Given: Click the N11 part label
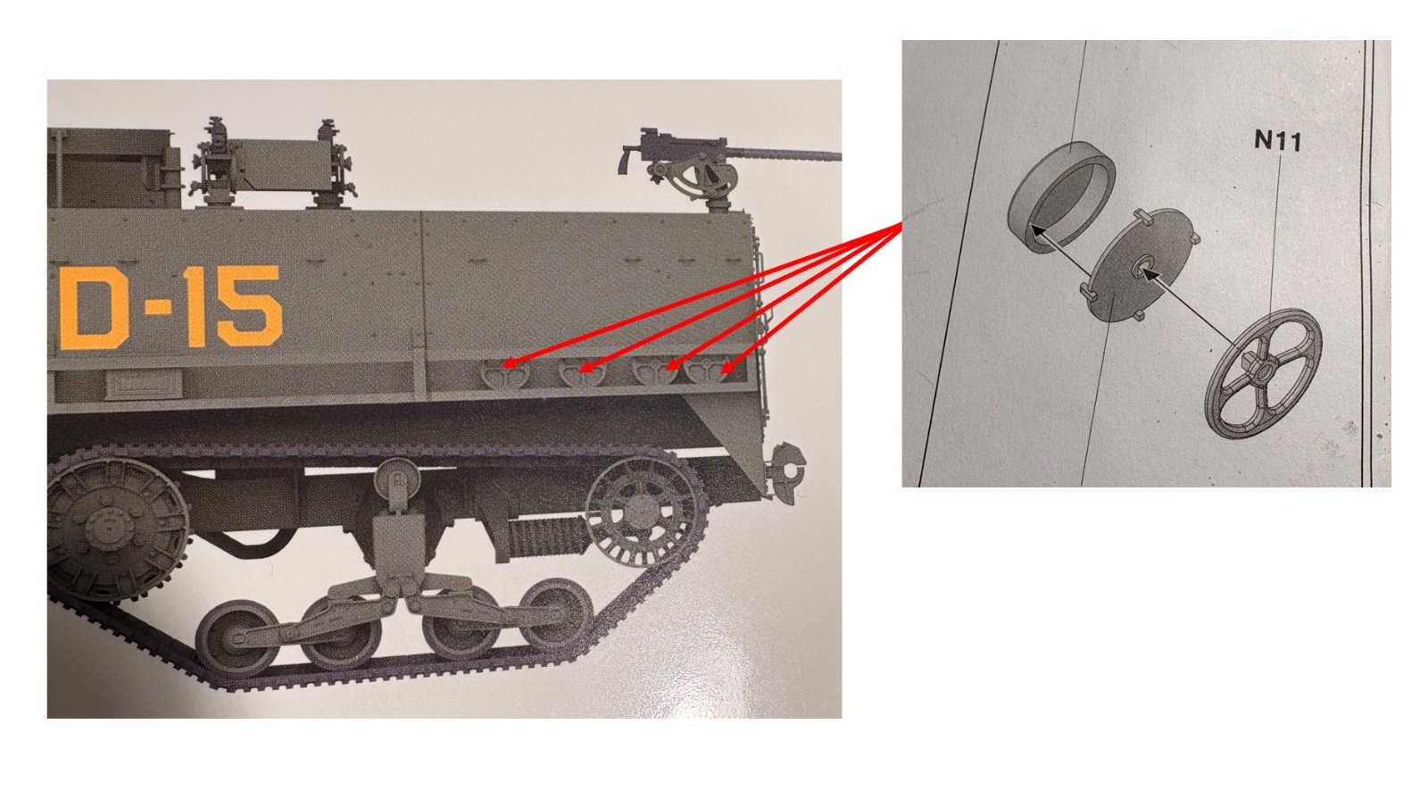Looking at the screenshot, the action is pos(1277,140).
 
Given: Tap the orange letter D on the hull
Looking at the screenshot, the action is pos(95,307).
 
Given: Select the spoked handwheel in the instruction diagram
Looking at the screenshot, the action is pos(1262,373).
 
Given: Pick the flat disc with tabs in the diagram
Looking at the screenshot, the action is pos(1142,264).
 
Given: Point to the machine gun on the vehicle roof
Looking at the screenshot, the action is pos(726,167).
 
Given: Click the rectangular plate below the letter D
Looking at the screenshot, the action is pos(144,384).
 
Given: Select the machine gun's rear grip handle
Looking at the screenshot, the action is pos(625,160).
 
